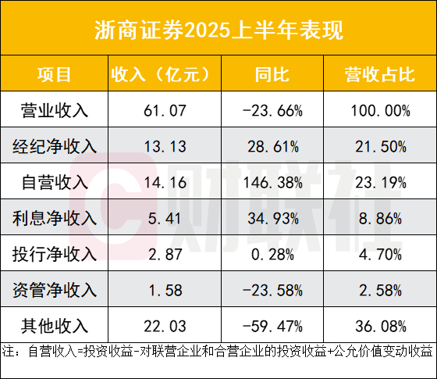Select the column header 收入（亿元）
click(163, 74)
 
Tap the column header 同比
click(272, 74)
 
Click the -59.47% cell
click(272, 326)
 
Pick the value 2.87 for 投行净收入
click(163, 255)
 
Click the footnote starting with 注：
click(218, 351)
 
